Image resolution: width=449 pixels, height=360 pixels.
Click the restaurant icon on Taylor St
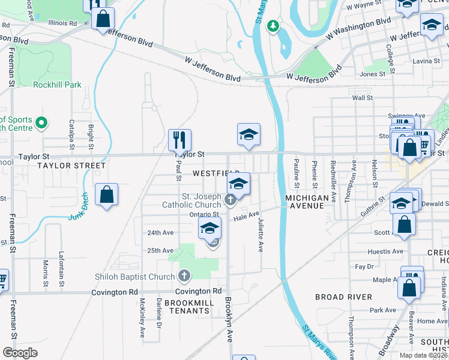[179, 140]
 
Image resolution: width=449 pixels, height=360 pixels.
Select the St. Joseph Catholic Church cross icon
[229, 200]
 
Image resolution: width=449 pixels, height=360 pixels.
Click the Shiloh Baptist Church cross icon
[184, 276]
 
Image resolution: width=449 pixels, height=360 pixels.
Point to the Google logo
[20, 353]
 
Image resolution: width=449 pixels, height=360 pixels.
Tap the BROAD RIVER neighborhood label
[343, 297]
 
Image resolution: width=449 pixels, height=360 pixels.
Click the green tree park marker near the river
[273, 26]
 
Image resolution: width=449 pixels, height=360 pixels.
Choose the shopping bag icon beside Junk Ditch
[106, 194]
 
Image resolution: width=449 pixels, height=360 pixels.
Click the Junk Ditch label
[83, 208]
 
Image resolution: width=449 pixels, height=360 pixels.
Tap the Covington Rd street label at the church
[194, 291]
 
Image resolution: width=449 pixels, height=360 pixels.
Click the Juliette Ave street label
[261, 235]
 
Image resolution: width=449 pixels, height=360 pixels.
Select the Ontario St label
[205, 214]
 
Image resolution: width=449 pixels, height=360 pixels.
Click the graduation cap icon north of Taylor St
[249, 135]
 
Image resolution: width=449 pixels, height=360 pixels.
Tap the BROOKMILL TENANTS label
[189, 307]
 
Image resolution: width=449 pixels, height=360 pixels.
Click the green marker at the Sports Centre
[41, 123]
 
